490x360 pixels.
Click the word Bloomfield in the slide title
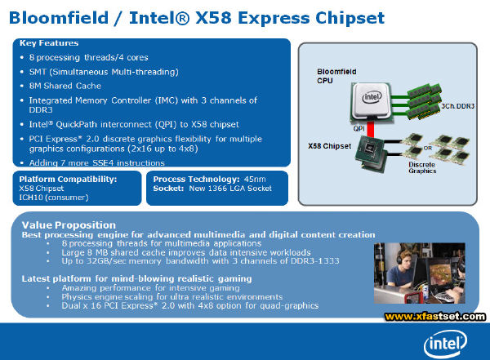tap(59, 17)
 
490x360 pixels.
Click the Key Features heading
tap(49, 43)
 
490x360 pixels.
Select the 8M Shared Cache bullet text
tap(65, 86)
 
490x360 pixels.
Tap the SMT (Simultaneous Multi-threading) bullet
tap(104, 72)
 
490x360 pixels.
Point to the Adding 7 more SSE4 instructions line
tap(97, 162)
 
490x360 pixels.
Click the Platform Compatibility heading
tap(68, 180)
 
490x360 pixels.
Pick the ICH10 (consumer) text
tap(54, 198)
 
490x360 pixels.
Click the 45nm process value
tap(255, 180)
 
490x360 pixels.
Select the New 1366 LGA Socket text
tap(230, 189)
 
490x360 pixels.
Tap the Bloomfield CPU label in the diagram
tap(336, 76)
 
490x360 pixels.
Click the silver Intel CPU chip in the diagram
tap(372, 100)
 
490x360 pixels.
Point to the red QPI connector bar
tap(370, 129)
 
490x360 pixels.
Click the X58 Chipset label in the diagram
tap(330, 146)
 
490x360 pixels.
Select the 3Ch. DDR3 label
tap(458, 106)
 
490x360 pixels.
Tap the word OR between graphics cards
tap(428, 148)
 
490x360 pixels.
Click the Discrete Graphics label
tap(422, 167)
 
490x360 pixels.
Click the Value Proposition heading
tap(69, 225)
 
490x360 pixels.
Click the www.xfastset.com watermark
tap(435, 317)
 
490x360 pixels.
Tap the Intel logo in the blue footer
tap(445, 344)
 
